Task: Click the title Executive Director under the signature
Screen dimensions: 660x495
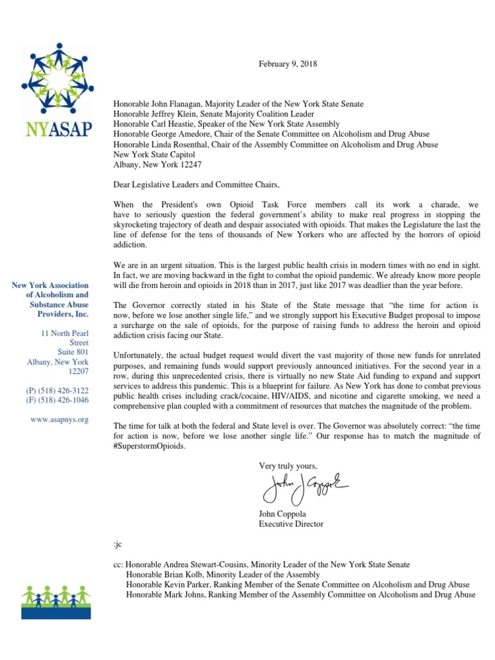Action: point(291,524)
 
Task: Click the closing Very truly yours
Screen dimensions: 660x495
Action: point(288,465)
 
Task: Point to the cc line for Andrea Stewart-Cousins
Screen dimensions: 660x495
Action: point(261,564)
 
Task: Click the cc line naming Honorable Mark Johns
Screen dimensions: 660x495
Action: point(300,595)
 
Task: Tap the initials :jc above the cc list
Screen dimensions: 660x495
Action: point(117,544)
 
